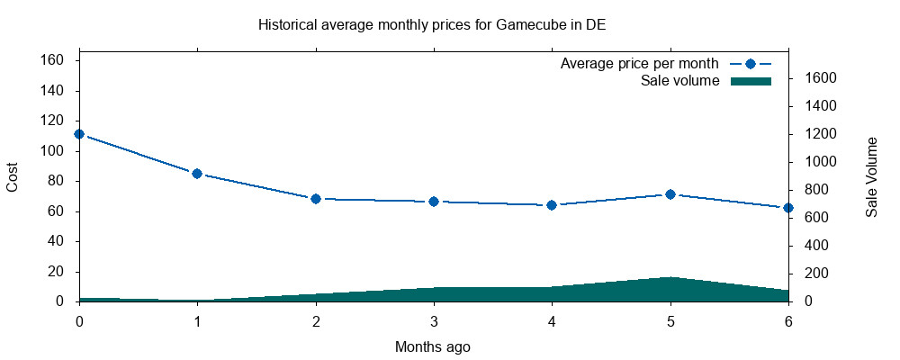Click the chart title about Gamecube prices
(x=432, y=24)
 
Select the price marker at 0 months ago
(x=79, y=134)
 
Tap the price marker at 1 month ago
(x=197, y=174)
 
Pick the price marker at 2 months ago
(x=316, y=198)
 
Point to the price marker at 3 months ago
(x=434, y=202)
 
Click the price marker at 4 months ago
(x=552, y=205)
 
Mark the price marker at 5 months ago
(x=670, y=194)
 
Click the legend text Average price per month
(x=639, y=64)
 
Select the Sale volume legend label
(x=679, y=81)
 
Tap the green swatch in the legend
(x=751, y=81)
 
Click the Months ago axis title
(x=433, y=346)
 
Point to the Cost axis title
(x=13, y=176)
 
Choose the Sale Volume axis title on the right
(x=871, y=176)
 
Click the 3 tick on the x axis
(x=434, y=319)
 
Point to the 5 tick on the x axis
(x=670, y=319)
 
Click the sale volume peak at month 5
(x=670, y=278)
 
